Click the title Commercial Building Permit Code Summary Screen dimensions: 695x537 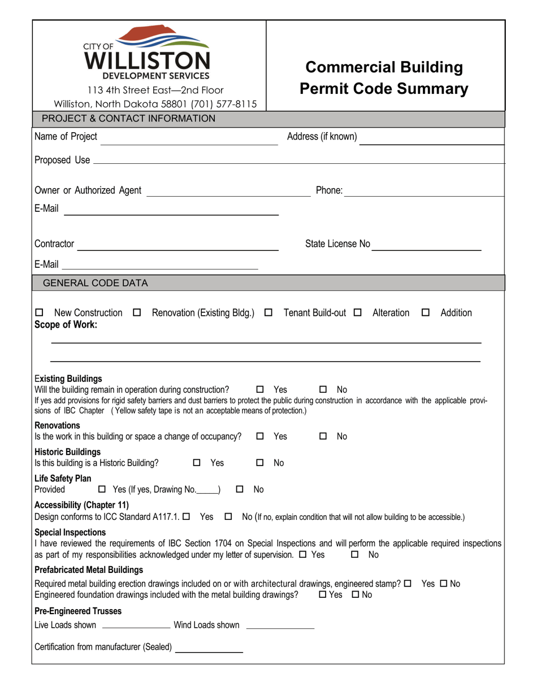click(x=384, y=78)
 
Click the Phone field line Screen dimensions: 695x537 click(x=424, y=195)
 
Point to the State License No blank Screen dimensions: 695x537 click(x=427, y=249)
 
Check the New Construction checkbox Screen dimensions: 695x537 click(x=39, y=313)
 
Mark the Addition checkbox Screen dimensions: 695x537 click(x=426, y=313)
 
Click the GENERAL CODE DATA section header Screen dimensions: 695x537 click(x=96, y=283)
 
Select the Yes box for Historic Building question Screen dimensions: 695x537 click(x=197, y=463)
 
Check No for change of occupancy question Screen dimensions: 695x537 click(x=323, y=437)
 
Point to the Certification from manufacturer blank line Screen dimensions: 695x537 click(x=209, y=651)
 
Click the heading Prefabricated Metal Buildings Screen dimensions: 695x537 click(x=89, y=570)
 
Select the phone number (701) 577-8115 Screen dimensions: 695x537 click(x=226, y=104)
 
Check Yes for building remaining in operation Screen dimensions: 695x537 click(x=260, y=390)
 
